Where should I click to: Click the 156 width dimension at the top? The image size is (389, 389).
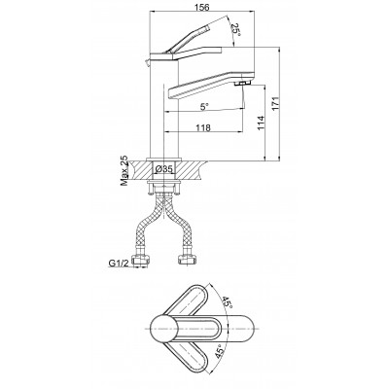tap(202, 7)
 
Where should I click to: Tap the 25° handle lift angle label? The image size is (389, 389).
tap(236, 31)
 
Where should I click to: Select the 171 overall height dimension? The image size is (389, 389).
tap(275, 104)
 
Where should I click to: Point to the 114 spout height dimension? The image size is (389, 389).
tap(261, 123)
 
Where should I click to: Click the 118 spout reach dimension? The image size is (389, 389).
tap(203, 127)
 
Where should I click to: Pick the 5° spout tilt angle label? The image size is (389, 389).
tap(204, 107)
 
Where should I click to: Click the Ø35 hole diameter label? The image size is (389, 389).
tap(164, 169)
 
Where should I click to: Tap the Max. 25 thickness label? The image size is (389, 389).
tap(124, 171)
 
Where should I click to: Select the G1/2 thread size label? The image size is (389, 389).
tap(118, 263)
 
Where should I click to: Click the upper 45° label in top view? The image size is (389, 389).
tap(227, 302)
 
